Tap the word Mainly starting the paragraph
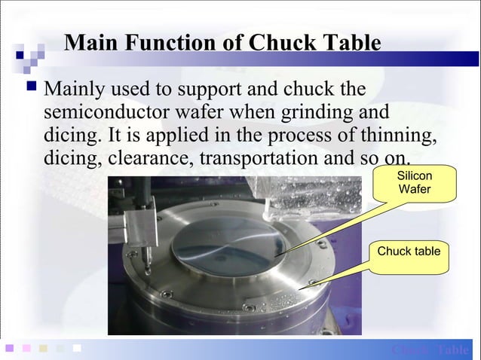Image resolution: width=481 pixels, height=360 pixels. [x=76, y=90]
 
